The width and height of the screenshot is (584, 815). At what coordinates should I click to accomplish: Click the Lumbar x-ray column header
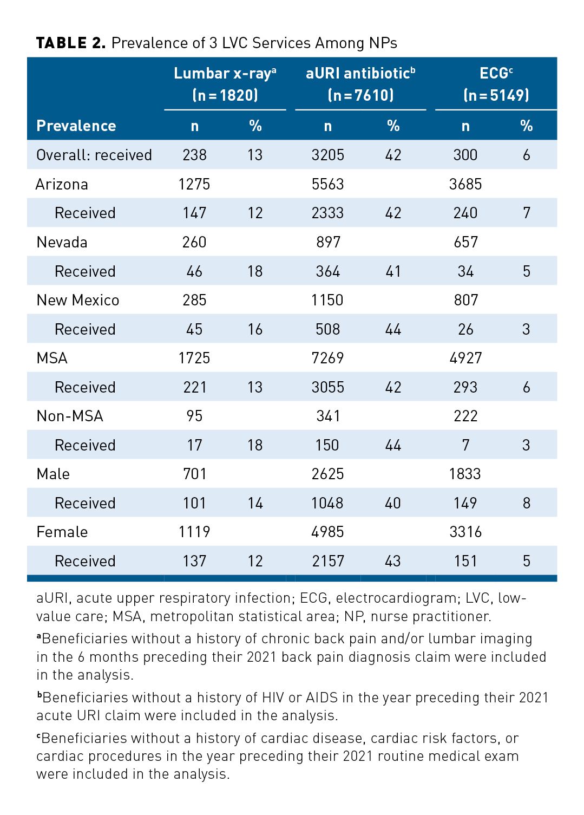coord(225,74)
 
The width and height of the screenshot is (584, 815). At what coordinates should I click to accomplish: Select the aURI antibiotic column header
coord(360,74)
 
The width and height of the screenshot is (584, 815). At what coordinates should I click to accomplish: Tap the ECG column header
coord(496,74)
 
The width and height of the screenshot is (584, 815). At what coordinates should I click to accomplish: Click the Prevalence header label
coord(76,126)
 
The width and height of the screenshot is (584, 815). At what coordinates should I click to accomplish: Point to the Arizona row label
coord(62,184)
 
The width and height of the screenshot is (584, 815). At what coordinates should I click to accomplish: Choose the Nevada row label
coord(62,242)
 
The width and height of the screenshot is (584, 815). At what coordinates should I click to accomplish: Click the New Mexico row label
coord(78,300)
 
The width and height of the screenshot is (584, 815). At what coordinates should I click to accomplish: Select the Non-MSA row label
coord(70,416)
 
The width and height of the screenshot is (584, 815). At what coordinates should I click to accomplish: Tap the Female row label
coord(62,532)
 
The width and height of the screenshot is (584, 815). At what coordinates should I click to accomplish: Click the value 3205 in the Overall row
coord(327,155)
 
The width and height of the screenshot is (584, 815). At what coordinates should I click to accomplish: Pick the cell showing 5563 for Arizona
coord(327,184)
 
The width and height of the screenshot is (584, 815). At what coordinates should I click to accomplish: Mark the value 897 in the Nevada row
coord(328,242)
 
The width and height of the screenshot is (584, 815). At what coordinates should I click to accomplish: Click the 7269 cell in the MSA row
coord(327,358)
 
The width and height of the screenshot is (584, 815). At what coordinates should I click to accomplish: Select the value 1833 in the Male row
coord(465,474)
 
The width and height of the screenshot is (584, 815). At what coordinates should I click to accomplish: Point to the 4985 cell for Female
coord(327,532)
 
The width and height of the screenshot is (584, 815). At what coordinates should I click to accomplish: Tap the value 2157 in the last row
coord(327,561)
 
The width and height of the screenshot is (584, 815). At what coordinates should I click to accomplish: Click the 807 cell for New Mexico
coord(465,300)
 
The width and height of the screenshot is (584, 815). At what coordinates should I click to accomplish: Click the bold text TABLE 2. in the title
coord(71,43)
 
